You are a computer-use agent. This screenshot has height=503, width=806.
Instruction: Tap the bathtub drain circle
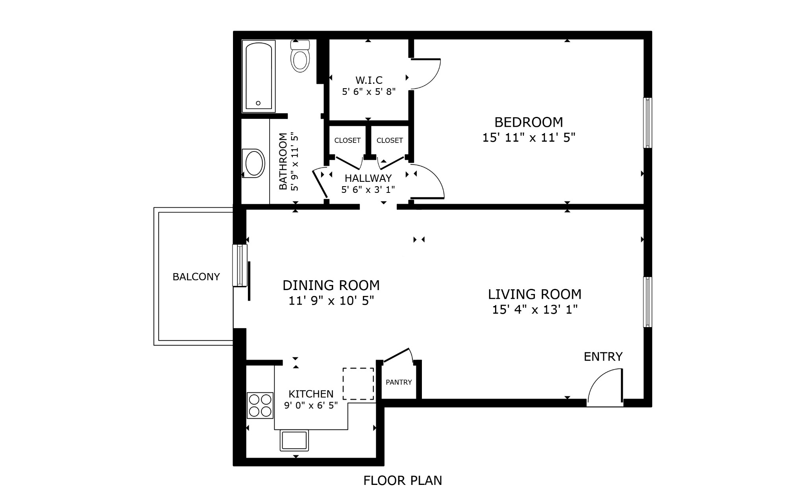click(258, 103)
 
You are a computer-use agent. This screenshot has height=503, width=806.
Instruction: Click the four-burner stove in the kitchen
click(260, 405)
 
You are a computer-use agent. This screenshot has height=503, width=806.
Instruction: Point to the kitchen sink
click(294, 440)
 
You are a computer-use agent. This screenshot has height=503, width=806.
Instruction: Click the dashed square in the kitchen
click(358, 384)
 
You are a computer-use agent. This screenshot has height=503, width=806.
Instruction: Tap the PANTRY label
click(399, 382)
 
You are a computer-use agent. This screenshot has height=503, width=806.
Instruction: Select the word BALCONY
click(196, 277)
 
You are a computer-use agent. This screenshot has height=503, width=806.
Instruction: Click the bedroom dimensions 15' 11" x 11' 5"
click(529, 138)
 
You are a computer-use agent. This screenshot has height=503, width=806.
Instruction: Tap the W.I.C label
click(369, 80)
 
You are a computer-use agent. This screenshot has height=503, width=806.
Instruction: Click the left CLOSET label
click(347, 141)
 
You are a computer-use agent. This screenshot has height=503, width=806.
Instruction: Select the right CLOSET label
click(390, 141)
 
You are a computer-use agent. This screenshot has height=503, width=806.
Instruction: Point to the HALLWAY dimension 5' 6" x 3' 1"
click(368, 190)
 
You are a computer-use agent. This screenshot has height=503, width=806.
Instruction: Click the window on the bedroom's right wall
click(647, 123)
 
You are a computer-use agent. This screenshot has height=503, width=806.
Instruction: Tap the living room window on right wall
click(647, 302)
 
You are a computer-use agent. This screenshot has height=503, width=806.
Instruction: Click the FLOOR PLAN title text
click(403, 481)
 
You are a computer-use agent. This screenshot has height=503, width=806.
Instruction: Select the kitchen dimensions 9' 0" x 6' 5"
click(311, 405)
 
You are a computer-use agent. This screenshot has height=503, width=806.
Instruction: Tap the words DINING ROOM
click(331, 285)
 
